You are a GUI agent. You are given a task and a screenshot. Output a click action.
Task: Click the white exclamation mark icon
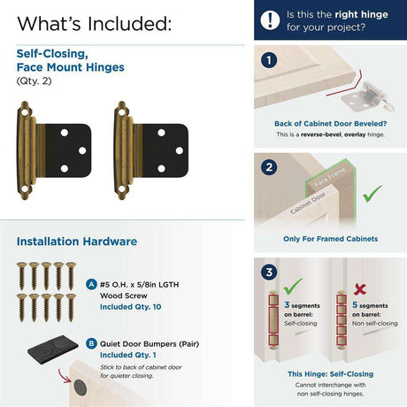tap(270, 20)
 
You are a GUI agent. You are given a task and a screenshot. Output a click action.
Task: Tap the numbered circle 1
tap(269, 60)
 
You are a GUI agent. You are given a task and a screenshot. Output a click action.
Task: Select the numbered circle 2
tap(269, 167)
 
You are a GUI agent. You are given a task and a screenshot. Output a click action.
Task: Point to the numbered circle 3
tap(269, 272)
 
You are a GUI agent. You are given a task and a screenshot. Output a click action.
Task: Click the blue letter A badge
tap(91, 285)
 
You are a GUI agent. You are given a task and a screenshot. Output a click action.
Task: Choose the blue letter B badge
tap(91, 343)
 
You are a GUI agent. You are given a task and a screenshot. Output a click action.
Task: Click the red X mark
tap(360, 289)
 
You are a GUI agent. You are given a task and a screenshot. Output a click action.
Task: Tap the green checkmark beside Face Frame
tap(372, 194)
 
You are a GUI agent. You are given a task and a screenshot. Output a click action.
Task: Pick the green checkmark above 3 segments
tap(293, 286)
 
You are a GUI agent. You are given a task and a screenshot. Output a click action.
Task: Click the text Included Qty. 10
tap(130, 307)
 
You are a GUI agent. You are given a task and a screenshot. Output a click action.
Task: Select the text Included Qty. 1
tap(128, 355)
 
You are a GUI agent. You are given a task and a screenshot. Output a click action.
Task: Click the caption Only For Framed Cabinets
tap(331, 239)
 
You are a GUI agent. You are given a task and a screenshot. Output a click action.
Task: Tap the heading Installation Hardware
tap(77, 242)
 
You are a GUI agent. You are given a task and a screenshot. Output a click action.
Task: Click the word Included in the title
tap(129, 24)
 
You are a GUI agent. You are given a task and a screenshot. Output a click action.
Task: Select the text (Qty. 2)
tap(34, 81)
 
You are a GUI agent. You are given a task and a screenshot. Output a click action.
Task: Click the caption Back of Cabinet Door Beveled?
tap(330, 124)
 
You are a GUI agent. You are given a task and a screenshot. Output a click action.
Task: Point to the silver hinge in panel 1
tap(368, 96)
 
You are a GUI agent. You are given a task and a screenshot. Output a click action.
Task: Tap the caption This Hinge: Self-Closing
tap(331, 374)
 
